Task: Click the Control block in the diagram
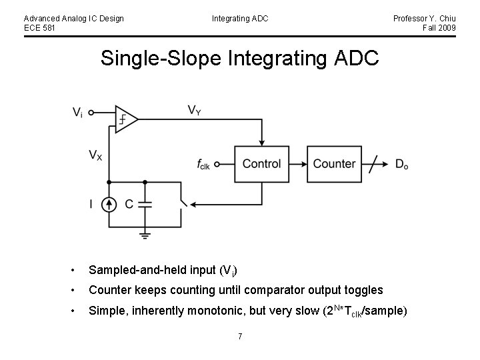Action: click(x=262, y=164)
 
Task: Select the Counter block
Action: click(x=334, y=164)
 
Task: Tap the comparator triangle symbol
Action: click(x=125, y=119)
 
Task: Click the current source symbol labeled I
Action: click(x=109, y=204)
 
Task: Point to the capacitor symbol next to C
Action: click(x=145, y=204)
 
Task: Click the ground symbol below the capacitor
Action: click(x=145, y=234)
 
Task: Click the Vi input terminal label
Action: click(x=78, y=113)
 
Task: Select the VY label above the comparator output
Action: click(x=194, y=109)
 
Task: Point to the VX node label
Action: click(x=96, y=156)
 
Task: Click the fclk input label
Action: click(x=203, y=165)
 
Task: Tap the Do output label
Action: click(x=401, y=165)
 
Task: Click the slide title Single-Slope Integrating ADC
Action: click(x=239, y=58)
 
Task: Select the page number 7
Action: click(x=239, y=335)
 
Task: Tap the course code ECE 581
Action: click(x=40, y=27)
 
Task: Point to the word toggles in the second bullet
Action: click(x=363, y=290)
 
